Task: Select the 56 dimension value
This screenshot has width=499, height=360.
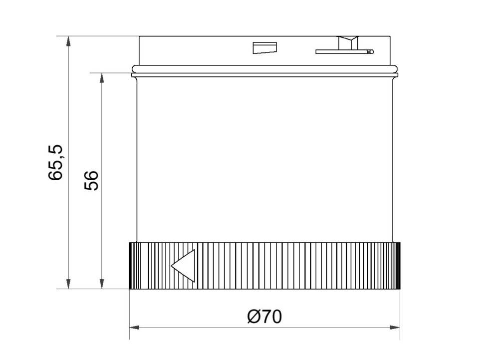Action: point(91,180)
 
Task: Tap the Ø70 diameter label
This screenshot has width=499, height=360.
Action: point(264,317)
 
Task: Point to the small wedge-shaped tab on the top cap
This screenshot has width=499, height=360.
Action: point(264,48)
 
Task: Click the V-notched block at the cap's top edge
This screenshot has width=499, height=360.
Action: point(346,42)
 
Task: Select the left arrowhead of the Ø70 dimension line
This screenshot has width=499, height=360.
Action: point(134,328)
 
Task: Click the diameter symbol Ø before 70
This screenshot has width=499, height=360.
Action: point(253,317)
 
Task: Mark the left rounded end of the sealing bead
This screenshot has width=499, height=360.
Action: point(133,68)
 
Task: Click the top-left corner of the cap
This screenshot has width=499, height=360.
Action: point(139,36)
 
